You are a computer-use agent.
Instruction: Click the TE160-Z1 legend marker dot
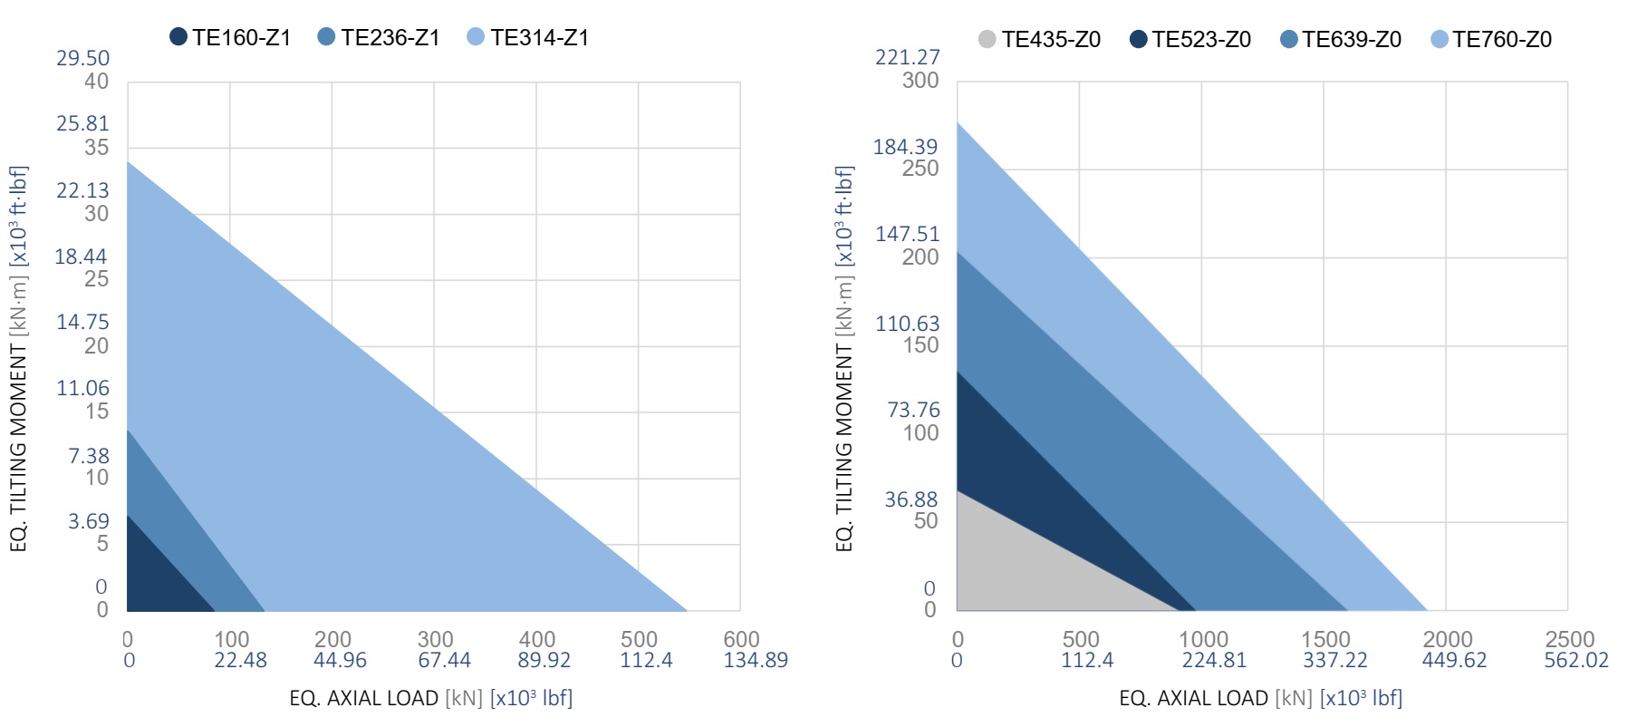click(178, 37)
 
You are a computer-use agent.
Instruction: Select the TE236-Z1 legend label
click(390, 37)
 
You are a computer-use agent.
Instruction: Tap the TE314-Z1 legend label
click(539, 37)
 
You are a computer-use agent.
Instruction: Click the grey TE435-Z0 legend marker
click(987, 39)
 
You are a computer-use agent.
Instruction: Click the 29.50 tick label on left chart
click(82, 58)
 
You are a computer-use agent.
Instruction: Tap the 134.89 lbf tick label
click(755, 660)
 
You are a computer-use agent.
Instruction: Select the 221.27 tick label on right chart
click(907, 57)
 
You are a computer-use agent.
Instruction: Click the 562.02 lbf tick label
click(1575, 660)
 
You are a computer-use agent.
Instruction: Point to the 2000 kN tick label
click(1447, 639)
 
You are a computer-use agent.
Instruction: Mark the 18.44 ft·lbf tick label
click(81, 257)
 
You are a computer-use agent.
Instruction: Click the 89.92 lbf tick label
click(544, 660)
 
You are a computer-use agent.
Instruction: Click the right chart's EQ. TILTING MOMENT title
click(843, 358)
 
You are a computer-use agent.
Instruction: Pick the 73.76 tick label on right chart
click(913, 410)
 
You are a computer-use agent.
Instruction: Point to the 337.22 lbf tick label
click(1334, 660)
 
